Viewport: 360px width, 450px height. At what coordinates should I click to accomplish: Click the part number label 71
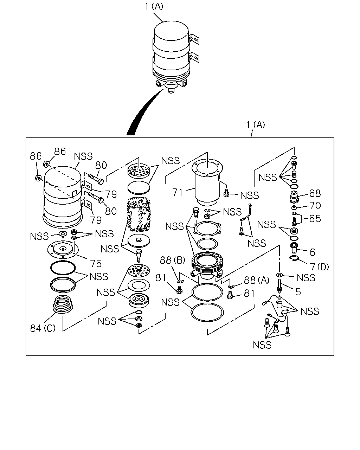tap(178, 192)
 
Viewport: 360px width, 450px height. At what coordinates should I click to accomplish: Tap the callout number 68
tap(315, 193)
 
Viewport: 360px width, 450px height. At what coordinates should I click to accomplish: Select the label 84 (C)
tap(43, 328)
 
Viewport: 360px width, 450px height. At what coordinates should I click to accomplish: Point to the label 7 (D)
tap(320, 266)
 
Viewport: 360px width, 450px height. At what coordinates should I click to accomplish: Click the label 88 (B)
tap(173, 260)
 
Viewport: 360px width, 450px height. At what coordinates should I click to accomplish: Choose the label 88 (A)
tap(257, 280)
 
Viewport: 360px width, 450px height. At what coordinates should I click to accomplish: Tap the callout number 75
tap(96, 263)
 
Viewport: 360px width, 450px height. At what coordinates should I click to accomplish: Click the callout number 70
tap(315, 205)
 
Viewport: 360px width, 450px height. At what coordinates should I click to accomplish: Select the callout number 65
tap(315, 219)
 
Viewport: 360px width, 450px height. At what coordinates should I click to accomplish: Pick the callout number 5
tap(298, 291)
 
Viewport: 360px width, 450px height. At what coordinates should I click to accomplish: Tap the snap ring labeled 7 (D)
tap(295, 258)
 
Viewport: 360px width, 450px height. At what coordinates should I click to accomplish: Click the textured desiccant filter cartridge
tap(139, 215)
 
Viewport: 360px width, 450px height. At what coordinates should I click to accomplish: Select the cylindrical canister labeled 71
tap(207, 184)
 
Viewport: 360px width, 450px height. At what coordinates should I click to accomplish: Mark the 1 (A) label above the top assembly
tap(154, 6)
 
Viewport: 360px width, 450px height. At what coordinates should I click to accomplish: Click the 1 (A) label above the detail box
tap(256, 125)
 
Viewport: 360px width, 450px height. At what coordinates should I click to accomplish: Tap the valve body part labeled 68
tap(294, 197)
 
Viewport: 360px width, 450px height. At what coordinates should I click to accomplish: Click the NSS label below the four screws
tap(262, 345)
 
